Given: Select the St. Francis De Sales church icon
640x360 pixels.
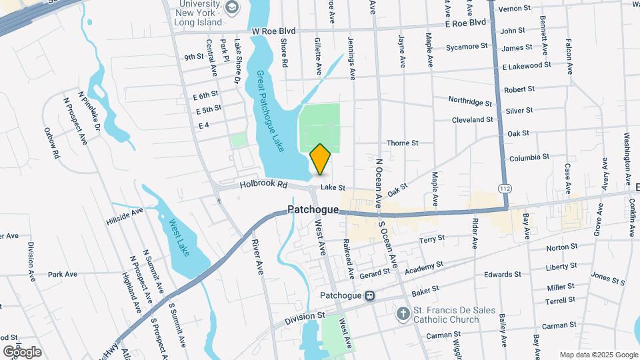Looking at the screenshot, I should pyautogui.click(x=403, y=313).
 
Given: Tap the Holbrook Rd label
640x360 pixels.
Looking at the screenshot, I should pyautogui.click(x=263, y=184).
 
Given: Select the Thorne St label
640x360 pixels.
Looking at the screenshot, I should pyautogui.click(x=403, y=143).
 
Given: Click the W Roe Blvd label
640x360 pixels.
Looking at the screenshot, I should pyautogui.click(x=273, y=31).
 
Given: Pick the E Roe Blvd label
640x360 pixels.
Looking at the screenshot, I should pyautogui.click(x=466, y=23).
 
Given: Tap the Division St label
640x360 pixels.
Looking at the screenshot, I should pyautogui.click(x=304, y=317).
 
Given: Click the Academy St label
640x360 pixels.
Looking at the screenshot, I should pyautogui.click(x=423, y=267).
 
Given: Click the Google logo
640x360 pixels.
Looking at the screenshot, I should pyautogui.click(x=22, y=351).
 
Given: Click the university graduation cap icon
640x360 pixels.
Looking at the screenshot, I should pyautogui.click(x=232, y=7).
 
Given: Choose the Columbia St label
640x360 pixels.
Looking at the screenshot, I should pyautogui.click(x=529, y=158).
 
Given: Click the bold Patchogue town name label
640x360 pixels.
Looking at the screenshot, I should pyautogui.click(x=313, y=209).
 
